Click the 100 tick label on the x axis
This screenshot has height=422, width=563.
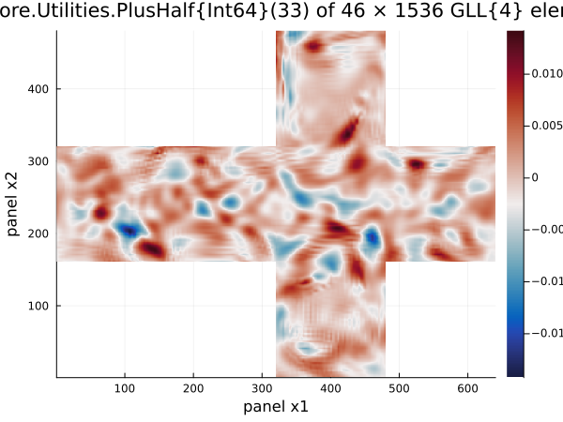pos(125,386)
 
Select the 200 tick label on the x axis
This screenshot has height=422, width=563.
pos(193,386)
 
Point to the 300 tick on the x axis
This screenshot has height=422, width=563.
pos(262,386)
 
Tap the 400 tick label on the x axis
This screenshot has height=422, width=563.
pos(330,386)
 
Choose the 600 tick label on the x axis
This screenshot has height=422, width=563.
pos(468,386)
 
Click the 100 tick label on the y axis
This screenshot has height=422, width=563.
pos(39,306)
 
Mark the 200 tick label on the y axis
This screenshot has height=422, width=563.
pos(39,233)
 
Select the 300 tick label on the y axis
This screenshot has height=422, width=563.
pos(39,160)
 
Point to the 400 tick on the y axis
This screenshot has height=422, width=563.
pos(39,88)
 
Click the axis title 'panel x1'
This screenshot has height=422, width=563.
pos(276,406)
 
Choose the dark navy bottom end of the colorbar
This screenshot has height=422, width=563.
pos(514,373)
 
